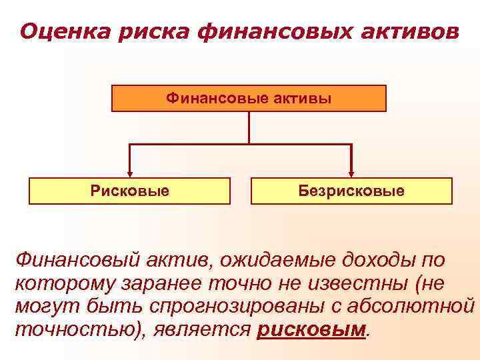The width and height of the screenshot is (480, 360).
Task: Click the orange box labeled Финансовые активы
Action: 249,98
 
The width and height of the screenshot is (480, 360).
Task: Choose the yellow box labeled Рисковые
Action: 130,191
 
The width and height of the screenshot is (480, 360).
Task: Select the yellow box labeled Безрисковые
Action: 351,191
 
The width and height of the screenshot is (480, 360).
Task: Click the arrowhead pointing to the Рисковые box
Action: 129,173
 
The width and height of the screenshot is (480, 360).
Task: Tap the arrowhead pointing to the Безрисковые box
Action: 351,173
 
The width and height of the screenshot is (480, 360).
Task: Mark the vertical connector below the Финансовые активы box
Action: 249,127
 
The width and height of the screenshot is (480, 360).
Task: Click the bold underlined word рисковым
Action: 311,329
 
